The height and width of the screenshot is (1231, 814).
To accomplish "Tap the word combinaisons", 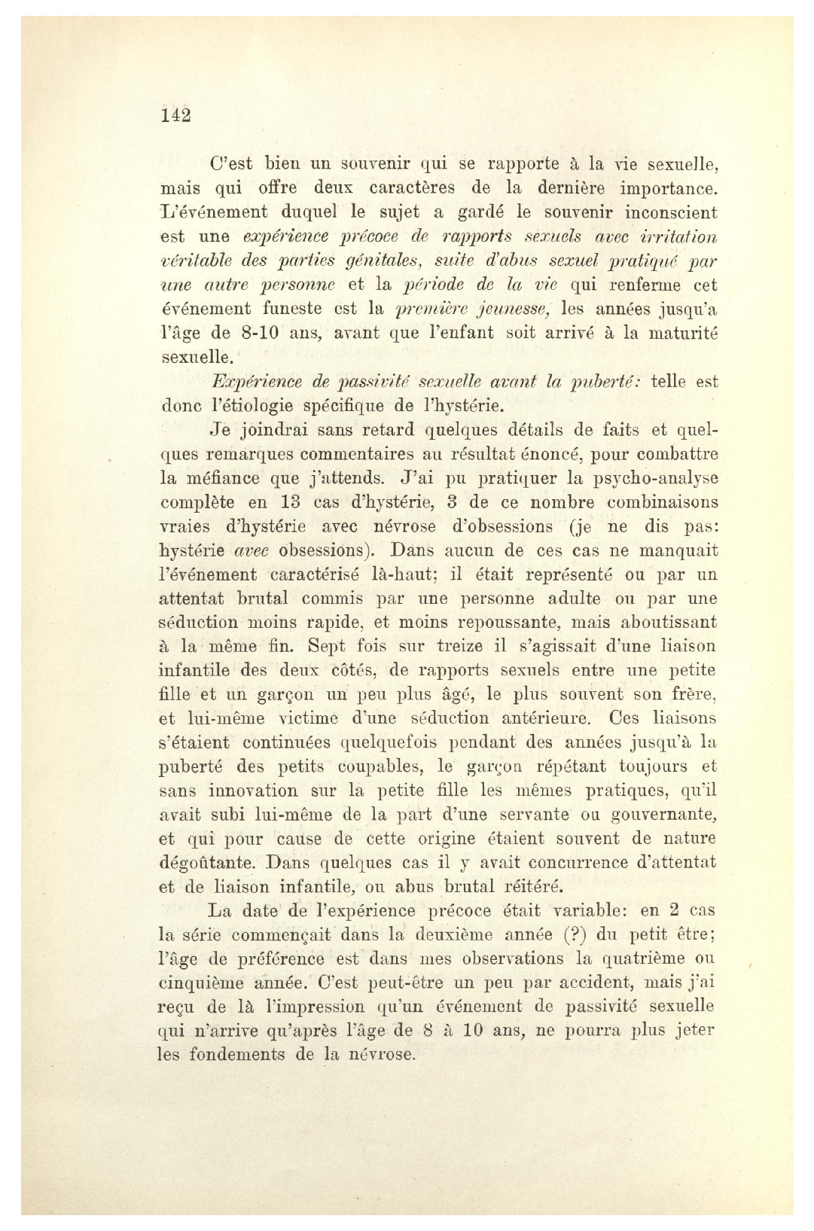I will [x=655, y=502].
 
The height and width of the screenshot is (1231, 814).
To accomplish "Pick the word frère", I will [x=693, y=694].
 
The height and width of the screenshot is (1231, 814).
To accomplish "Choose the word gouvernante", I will [x=672, y=815].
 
